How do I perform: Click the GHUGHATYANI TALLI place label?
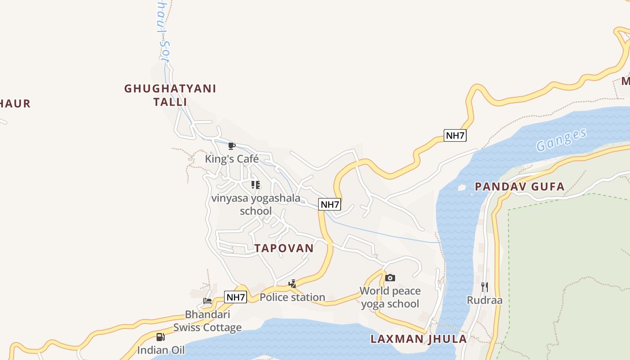click(170, 95)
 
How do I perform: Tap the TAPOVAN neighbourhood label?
click(284, 248)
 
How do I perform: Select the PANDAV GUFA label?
click(519, 186)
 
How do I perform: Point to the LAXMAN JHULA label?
click(418, 339)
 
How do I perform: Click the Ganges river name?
click(562, 139)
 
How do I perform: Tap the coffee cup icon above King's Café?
click(232, 146)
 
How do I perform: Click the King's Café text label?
click(232, 159)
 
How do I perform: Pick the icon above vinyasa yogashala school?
click(256, 184)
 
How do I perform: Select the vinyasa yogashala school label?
click(256, 204)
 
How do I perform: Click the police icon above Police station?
click(292, 284)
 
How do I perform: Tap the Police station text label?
click(292, 297)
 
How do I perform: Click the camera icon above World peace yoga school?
click(390, 278)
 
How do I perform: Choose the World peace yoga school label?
click(390, 297)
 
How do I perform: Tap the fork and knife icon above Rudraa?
click(485, 287)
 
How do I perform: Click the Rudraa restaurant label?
click(485, 300)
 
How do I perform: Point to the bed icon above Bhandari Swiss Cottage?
click(207, 301)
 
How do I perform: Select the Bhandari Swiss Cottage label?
click(207, 321)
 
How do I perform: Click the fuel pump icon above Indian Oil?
click(161, 337)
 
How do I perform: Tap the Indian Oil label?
click(161, 350)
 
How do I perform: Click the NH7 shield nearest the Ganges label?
click(454, 135)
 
